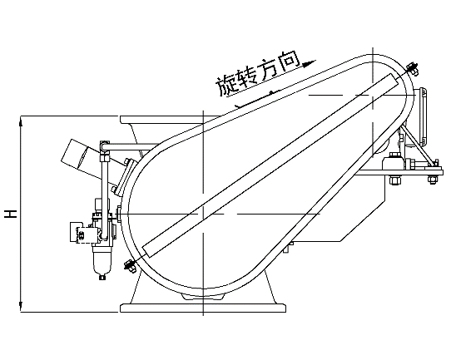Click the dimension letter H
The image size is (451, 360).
tap(11, 214)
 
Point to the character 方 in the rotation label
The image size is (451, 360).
tap(269, 70)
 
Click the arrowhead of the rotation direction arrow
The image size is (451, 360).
tap(310, 63)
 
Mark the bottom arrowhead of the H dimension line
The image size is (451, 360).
tap(21, 304)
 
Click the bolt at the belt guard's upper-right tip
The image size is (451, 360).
tap(413, 69)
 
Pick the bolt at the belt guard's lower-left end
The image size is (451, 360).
tap(130, 266)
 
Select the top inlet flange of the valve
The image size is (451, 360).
tap(170, 120)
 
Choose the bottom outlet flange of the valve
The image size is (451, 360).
tap(203, 308)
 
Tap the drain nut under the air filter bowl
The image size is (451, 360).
tap(102, 277)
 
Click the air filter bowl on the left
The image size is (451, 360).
tap(101, 259)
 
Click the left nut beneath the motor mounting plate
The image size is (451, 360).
tap(394, 180)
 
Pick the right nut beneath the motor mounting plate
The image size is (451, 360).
tap(433, 180)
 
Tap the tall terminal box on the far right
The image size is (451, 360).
tap(422, 116)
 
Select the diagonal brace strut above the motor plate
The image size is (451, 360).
tap(418, 145)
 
